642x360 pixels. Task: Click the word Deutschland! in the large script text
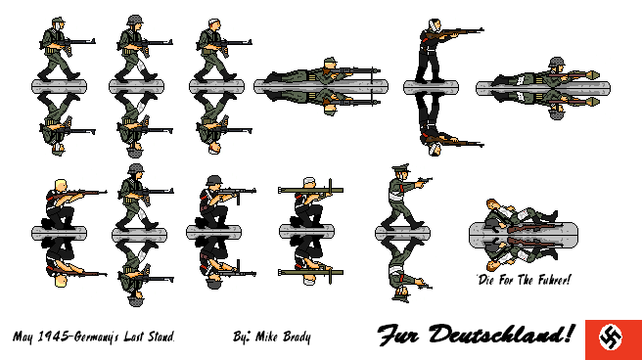[x=503, y=336]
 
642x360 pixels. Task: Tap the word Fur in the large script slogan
[x=401, y=336]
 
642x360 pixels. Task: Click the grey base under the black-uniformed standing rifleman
[x=431, y=87]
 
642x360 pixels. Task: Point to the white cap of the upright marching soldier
[x=216, y=21]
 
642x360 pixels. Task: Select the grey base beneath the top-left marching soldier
[x=60, y=87]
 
